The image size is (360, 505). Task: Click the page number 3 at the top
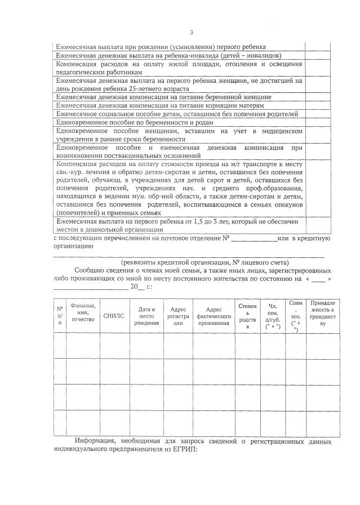pos(191,32)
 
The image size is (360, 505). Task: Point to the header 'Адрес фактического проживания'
pos(214,316)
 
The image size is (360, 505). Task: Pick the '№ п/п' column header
pos(59,316)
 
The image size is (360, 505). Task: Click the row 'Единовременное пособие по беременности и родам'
pos(135,122)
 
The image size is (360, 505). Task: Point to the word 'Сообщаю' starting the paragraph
pos(91,271)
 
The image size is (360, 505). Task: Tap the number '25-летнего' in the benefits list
pos(159,88)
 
